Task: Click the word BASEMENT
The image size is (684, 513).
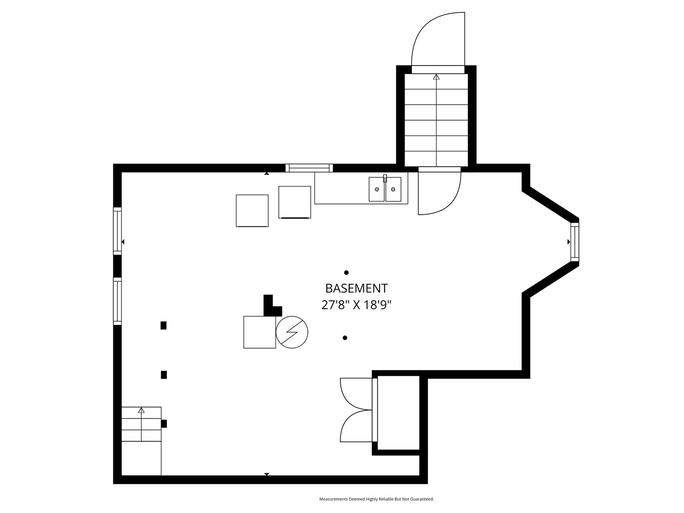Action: (x=356, y=288)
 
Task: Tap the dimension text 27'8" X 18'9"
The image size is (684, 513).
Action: (x=356, y=304)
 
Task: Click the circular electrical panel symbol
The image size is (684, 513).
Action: (x=292, y=332)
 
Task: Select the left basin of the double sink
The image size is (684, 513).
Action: (x=377, y=189)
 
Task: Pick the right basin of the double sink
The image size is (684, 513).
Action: (x=393, y=189)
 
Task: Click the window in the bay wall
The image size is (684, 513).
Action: (x=575, y=242)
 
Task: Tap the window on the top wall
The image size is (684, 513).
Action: (x=309, y=168)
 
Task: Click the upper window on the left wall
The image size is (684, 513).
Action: (x=117, y=229)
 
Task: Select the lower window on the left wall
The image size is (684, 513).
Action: (x=117, y=301)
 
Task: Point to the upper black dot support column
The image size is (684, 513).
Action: (x=346, y=273)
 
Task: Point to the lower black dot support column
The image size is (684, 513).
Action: (x=345, y=338)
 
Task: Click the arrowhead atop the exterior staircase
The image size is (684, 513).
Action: (x=437, y=76)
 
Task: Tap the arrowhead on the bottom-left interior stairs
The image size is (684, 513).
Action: (x=141, y=410)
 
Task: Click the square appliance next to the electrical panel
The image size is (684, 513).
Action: (x=259, y=332)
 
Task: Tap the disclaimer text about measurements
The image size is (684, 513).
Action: (x=376, y=499)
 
